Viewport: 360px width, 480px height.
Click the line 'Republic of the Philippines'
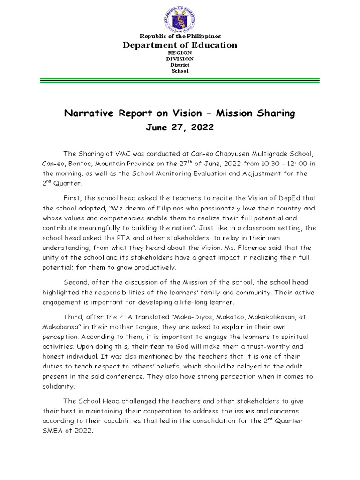(x=180, y=36)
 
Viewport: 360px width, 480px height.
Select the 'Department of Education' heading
(x=180, y=45)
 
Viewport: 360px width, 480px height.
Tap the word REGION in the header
(x=180, y=53)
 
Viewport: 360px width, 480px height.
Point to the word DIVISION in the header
(x=180, y=59)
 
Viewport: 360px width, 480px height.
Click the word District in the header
(x=180, y=65)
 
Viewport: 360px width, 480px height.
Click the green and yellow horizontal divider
(x=180, y=81)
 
